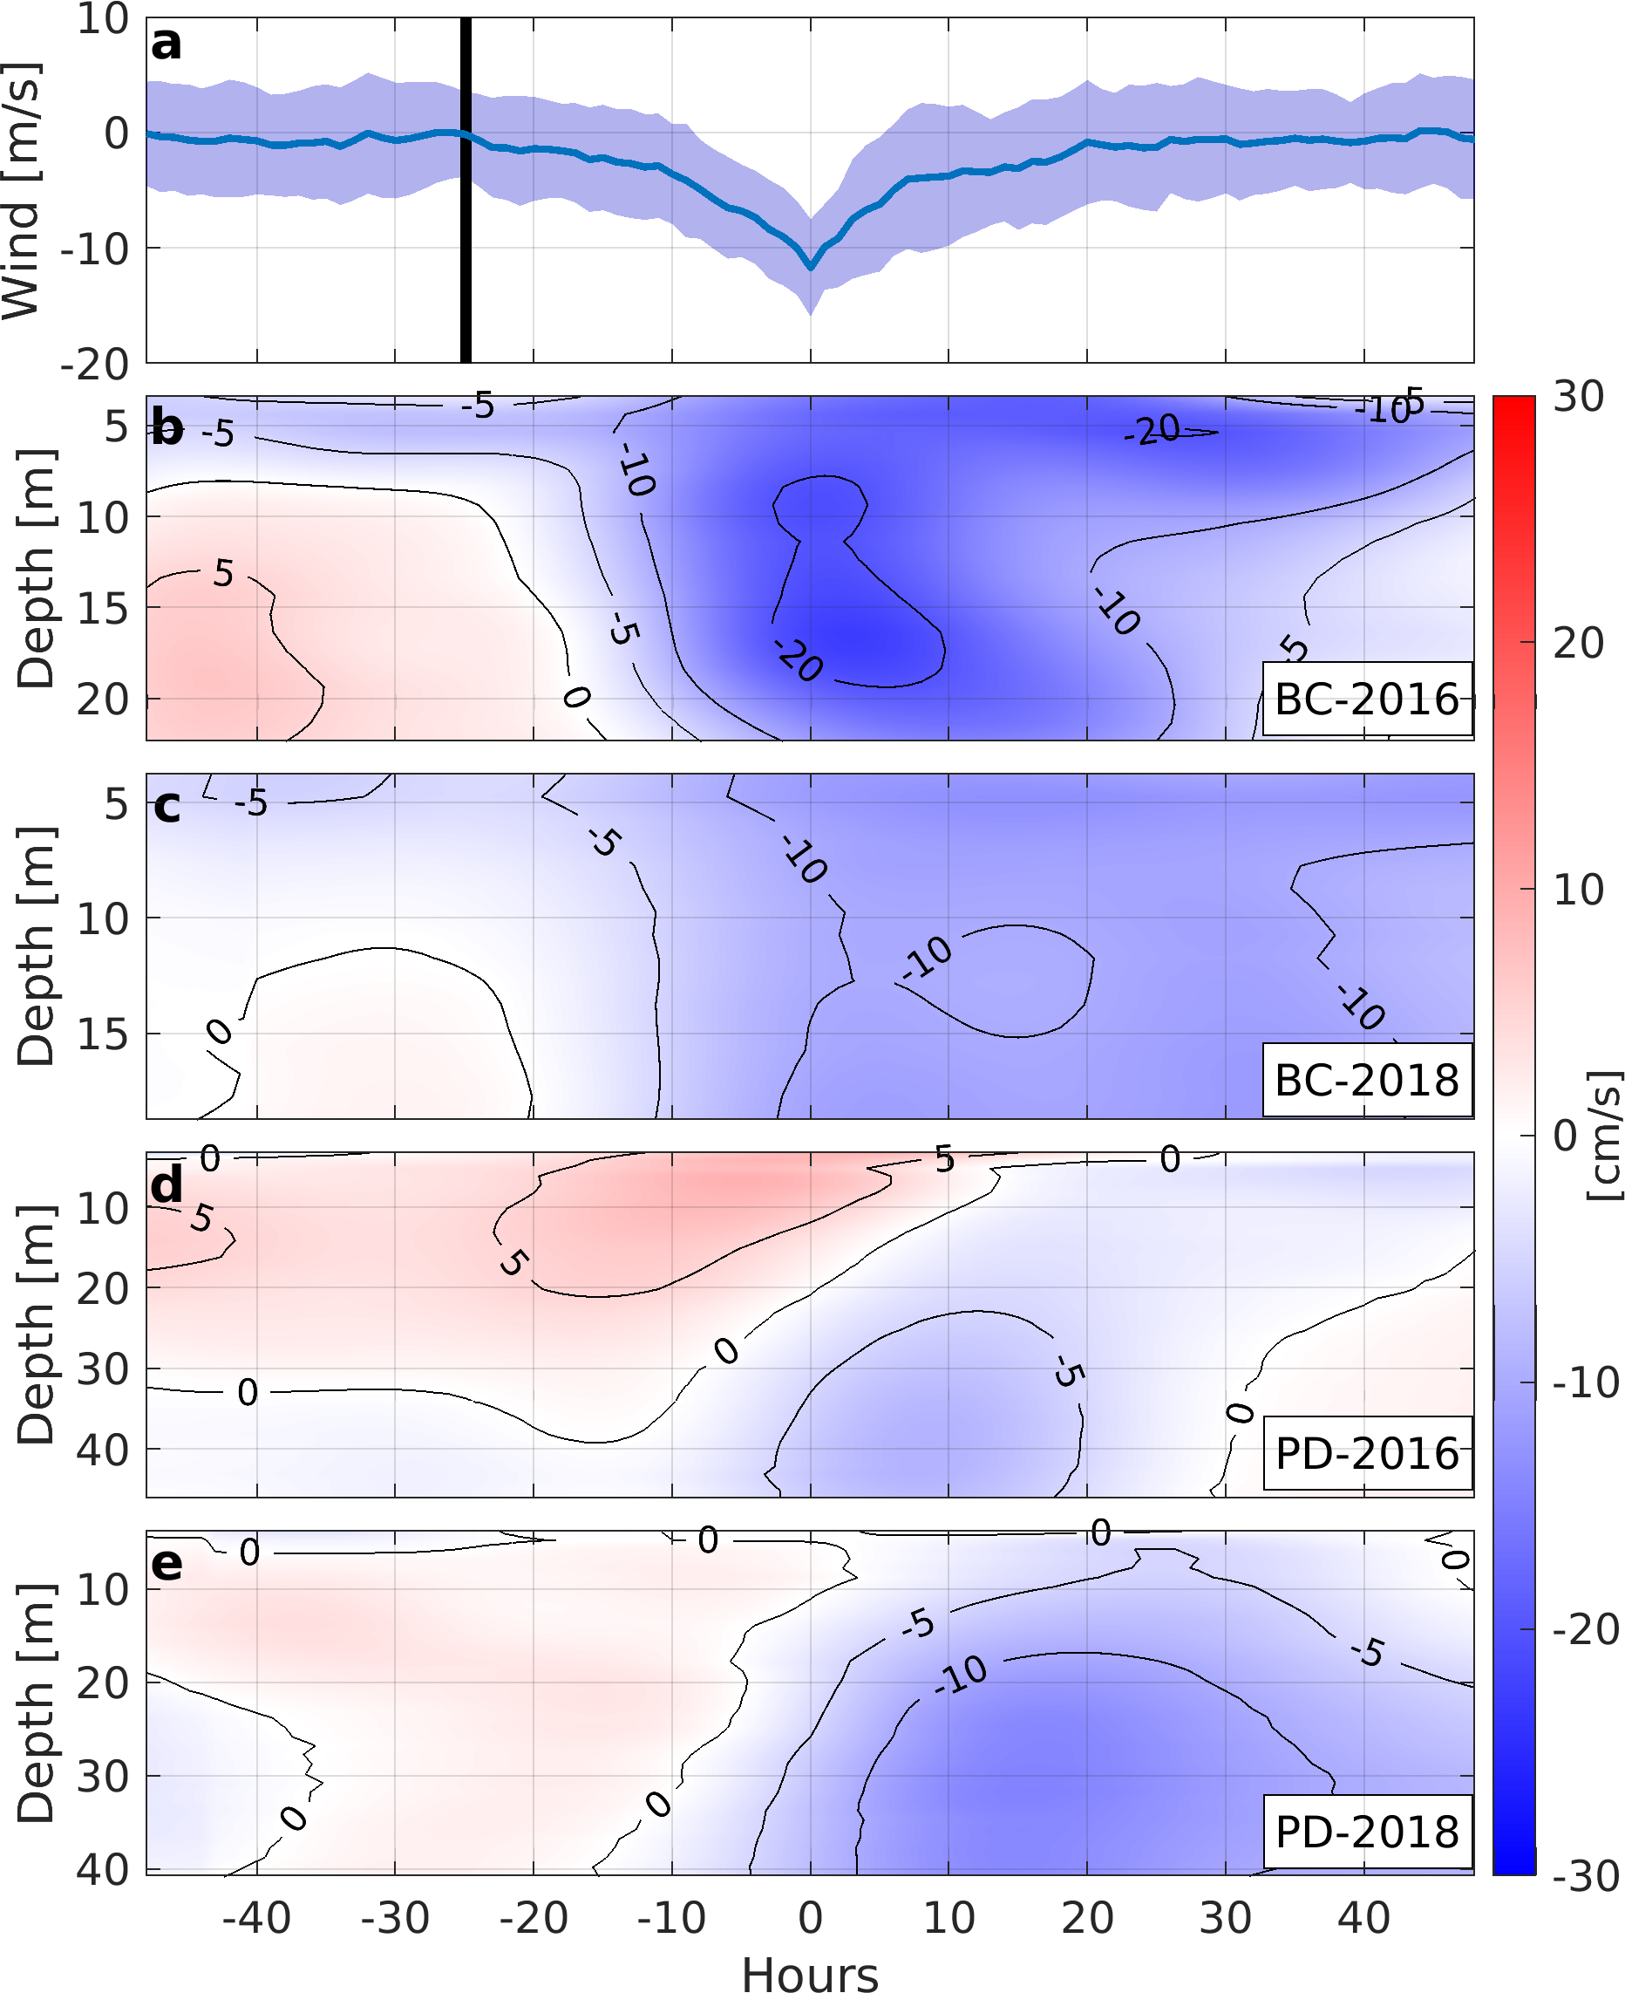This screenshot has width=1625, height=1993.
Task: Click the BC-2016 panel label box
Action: (1366, 700)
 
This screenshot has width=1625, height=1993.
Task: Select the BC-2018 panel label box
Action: (1366, 1080)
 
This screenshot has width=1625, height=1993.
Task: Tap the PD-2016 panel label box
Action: (1366, 1455)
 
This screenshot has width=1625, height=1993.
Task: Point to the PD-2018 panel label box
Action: (1366, 1833)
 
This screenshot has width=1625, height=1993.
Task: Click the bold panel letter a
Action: (166, 44)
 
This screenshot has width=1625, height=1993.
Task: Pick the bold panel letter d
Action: (167, 1186)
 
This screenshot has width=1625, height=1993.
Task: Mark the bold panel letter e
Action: (167, 1564)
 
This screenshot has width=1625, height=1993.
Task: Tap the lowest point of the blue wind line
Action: (811, 268)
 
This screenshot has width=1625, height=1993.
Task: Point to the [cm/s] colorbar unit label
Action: (1603, 1135)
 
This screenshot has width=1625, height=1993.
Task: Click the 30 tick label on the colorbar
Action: (1578, 397)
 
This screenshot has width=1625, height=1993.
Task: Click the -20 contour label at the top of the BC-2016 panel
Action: (1152, 430)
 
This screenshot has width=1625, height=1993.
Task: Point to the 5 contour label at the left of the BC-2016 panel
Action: (223, 573)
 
